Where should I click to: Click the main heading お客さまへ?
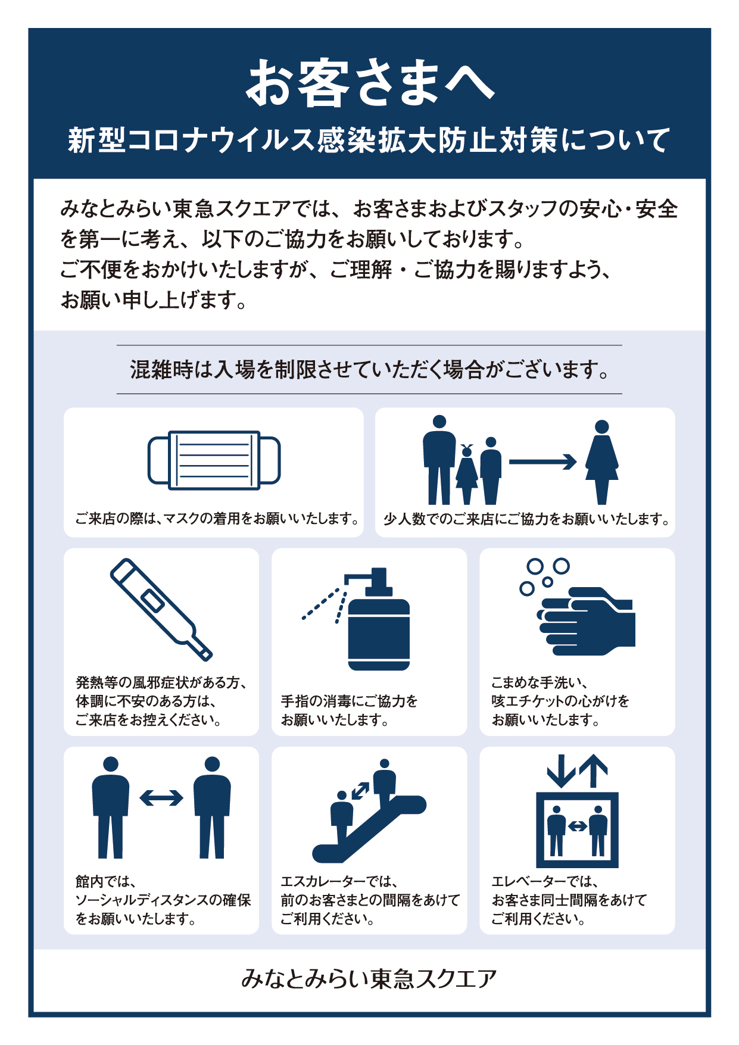(x=369, y=83)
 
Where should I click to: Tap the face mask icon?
(x=214, y=460)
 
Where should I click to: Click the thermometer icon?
(x=161, y=609)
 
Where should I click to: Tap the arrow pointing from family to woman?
(x=542, y=461)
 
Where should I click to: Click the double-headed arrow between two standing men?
(x=161, y=797)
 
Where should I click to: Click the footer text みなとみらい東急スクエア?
(x=369, y=979)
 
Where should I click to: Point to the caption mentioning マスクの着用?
(x=217, y=519)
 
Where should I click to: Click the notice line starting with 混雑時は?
(x=369, y=370)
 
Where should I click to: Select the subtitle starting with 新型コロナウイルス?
(x=369, y=141)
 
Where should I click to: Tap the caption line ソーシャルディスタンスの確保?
(x=163, y=900)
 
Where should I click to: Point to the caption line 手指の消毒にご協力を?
(x=350, y=701)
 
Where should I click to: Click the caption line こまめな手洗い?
(x=540, y=682)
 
